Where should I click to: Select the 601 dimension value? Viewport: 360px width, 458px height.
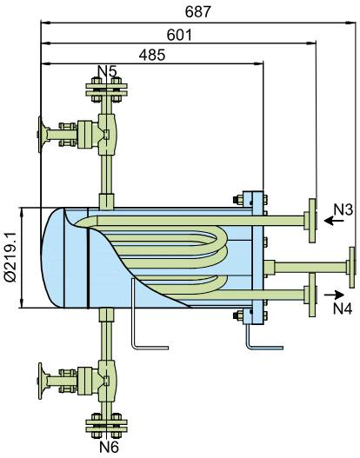coord(178,35)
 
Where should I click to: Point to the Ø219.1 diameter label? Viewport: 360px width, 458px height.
coord(11,258)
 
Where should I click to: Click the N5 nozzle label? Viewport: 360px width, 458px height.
coord(107,70)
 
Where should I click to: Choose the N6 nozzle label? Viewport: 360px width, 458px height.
coord(108,448)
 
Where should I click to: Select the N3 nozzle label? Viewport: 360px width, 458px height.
coord(343,209)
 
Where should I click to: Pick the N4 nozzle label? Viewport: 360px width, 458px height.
coord(343,307)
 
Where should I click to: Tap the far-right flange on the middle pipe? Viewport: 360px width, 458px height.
coord(350,266)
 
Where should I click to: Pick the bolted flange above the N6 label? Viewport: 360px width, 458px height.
coord(107,427)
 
